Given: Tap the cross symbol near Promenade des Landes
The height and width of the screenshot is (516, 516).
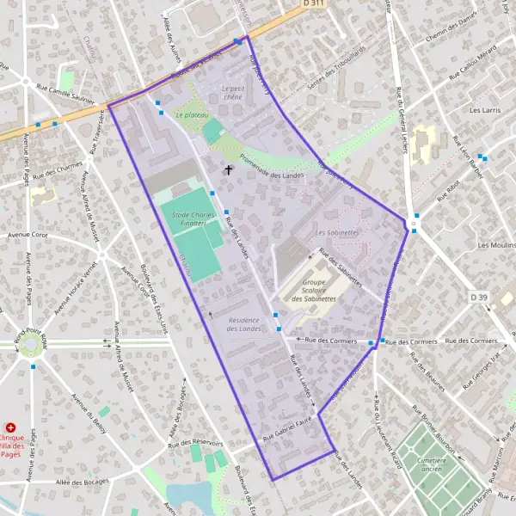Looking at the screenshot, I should coord(229,169).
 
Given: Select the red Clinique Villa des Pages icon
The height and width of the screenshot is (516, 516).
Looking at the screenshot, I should coord(10,427).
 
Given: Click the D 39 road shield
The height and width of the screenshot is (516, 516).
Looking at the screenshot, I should coord(478,298).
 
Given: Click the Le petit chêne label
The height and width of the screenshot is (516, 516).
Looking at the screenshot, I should coord(233,93).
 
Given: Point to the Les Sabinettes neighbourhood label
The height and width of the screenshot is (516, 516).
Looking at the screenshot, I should coord(337,232).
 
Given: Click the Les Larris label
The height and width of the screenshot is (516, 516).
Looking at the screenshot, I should coord(485,111).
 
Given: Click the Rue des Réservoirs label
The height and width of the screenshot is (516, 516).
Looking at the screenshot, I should coord(196,443).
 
